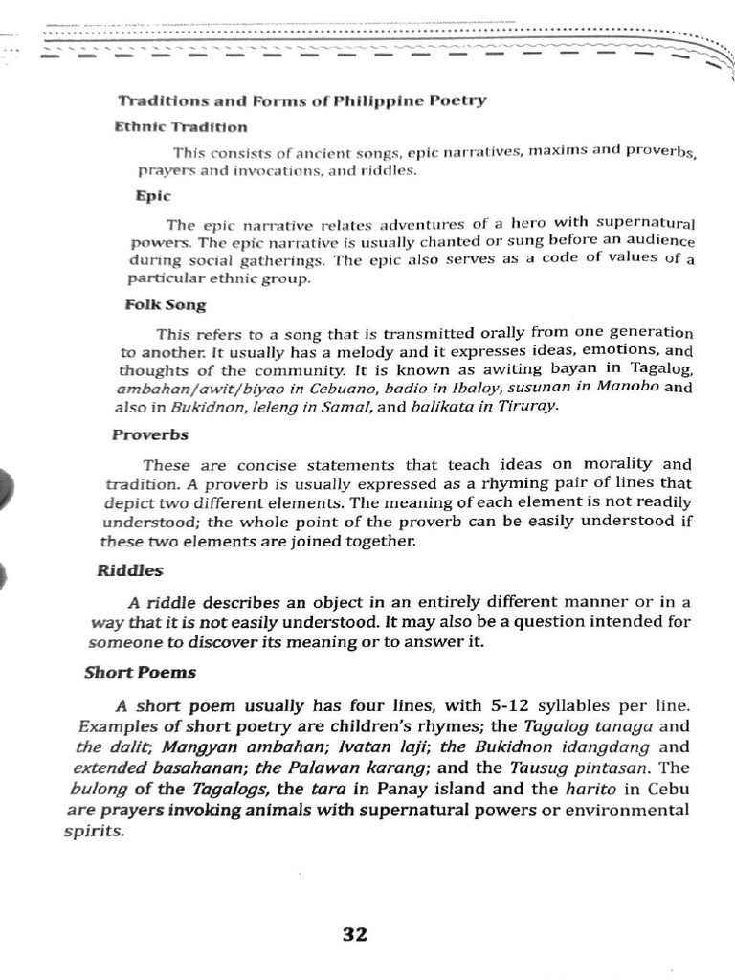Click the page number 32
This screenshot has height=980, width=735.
[354, 935]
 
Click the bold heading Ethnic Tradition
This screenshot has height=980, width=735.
[181, 126]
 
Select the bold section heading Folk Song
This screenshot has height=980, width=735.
[166, 305]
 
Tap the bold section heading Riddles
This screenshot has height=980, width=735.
[130, 570]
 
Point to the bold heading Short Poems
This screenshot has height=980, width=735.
[140, 672]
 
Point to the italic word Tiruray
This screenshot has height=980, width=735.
[524, 406]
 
